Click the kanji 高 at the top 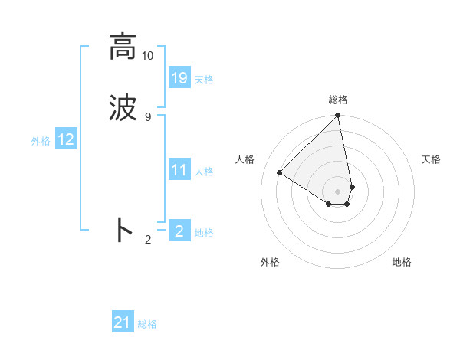pos(122,47)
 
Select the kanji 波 pos(122,107)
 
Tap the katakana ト pos(123,231)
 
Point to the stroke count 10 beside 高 pos(148,56)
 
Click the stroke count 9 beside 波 pos(148,116)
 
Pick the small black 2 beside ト pos(148,240)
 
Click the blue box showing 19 pos(179,78)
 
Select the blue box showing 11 pos(179,170)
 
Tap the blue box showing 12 pos(66,139)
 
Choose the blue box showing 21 pos(123,322)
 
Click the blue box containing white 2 pos(179,231)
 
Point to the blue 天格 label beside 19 pos(204,80)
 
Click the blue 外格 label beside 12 pos(41,141)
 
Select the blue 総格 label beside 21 pos(147,324)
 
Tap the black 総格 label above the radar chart pos(338,100)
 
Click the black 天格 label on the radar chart pos(431,159)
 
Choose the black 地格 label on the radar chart pos(402,262)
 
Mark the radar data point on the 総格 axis pos(338,116)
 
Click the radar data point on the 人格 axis pos(280,173)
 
